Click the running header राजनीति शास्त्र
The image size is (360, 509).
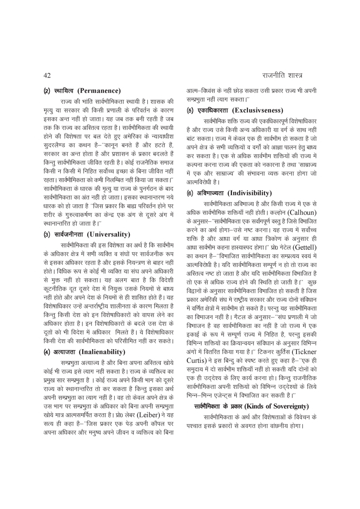tap(282, 76)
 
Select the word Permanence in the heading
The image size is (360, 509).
tap(101, 91)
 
